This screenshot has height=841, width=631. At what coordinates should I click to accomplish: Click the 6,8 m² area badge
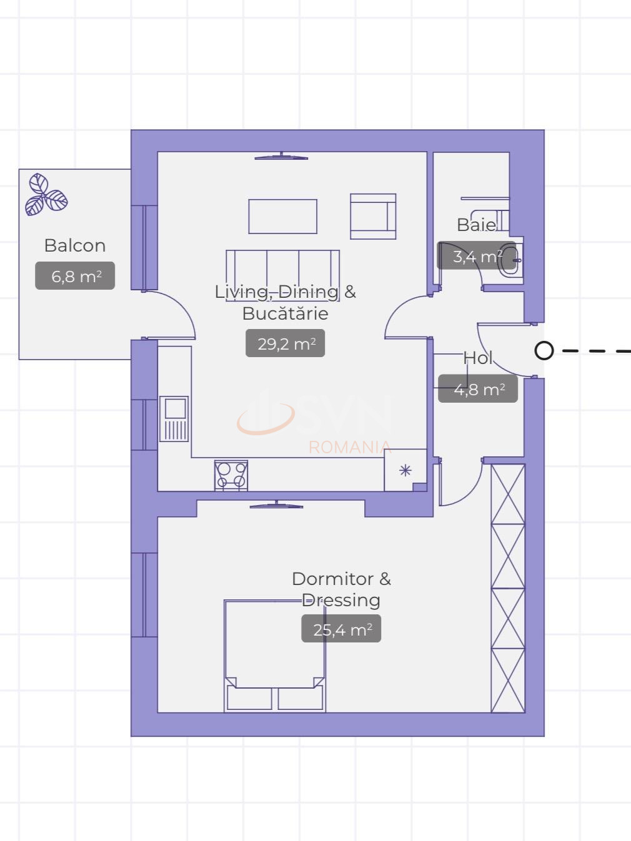pyautogui.click(x=75, y=276)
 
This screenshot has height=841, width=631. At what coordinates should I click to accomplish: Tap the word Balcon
pyautogui.click(x=75, y=245)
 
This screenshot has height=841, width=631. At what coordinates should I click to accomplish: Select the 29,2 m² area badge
pyautogui.click(x=286, y=343)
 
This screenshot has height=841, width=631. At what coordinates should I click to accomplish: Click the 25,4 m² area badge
pyautogui.click(x=341, y=629)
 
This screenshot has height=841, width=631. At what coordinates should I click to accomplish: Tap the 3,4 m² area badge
pyautogui.click(x=477, y=256)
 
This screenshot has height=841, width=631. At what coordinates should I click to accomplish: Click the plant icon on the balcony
pyautogui.click(x=46, y=195)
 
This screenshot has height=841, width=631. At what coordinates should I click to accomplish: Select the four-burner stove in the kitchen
pyautogui.click(x=231, y=476)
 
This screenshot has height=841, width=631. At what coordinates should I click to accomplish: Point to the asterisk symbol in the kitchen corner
pyautogui.click(x=405, y=470)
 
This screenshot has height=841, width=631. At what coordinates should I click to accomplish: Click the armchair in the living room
pyautogui.click(x=373, y=217)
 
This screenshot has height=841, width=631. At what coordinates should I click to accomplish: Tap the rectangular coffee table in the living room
pyautogui.click(x=282, y=216)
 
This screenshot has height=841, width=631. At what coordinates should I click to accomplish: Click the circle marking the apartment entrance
pyautogui.click(x=544, y=351)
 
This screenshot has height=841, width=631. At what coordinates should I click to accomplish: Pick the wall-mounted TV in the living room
pyautogui.click(x=281, y=157)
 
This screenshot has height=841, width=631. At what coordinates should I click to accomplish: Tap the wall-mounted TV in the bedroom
pyautogui.click(x=276, y=505)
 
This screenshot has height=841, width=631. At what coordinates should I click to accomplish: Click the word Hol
pyautogui.click(x=478, y=358)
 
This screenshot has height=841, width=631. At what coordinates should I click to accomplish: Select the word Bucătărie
pyautogui.click(x=285, y=313)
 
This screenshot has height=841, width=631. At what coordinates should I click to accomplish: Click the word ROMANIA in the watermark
pyautogui.click(x=349, y=447)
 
